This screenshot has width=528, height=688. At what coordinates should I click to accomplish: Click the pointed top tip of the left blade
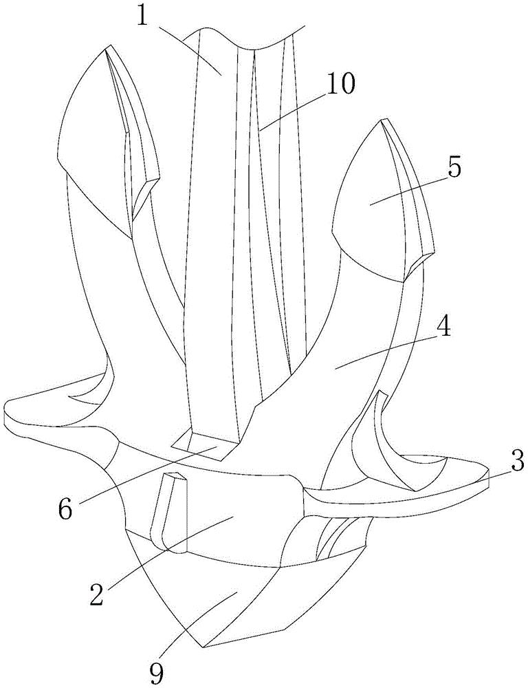pos(106,45)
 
